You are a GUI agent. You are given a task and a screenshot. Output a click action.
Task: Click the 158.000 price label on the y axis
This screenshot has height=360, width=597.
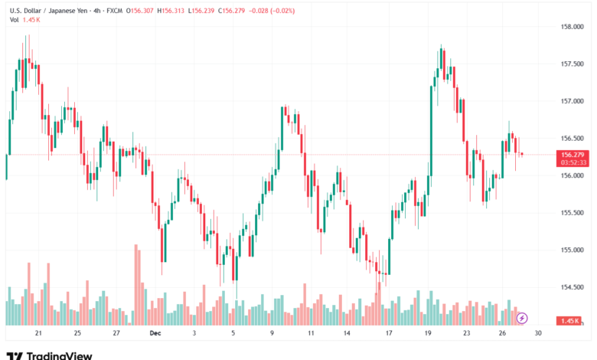tap(573, 27)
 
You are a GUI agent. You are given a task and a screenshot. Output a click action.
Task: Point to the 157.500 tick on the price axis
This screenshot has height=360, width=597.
tap(573, 64)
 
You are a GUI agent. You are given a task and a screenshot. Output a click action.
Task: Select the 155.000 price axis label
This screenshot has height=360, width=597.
tap(573, 250)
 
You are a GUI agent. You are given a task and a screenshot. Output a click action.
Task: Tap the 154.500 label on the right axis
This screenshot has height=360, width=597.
tap(573, 287)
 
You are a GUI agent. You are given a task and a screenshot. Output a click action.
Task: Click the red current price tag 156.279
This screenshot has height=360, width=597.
tap(573, 155)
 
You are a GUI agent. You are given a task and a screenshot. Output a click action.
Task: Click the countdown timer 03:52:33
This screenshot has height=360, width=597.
tap(573, 162)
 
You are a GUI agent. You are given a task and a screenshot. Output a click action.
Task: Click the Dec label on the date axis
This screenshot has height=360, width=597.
tap(155, 334)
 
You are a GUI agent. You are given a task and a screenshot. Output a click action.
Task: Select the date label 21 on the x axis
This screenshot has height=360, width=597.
tap(38, 334)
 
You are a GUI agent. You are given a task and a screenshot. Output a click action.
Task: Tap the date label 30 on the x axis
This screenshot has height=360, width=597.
tap(538, 334)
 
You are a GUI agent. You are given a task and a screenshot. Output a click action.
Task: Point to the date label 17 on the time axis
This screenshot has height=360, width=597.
tap(389, 334)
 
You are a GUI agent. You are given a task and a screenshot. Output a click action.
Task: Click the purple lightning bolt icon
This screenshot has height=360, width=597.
tap(522, 317)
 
